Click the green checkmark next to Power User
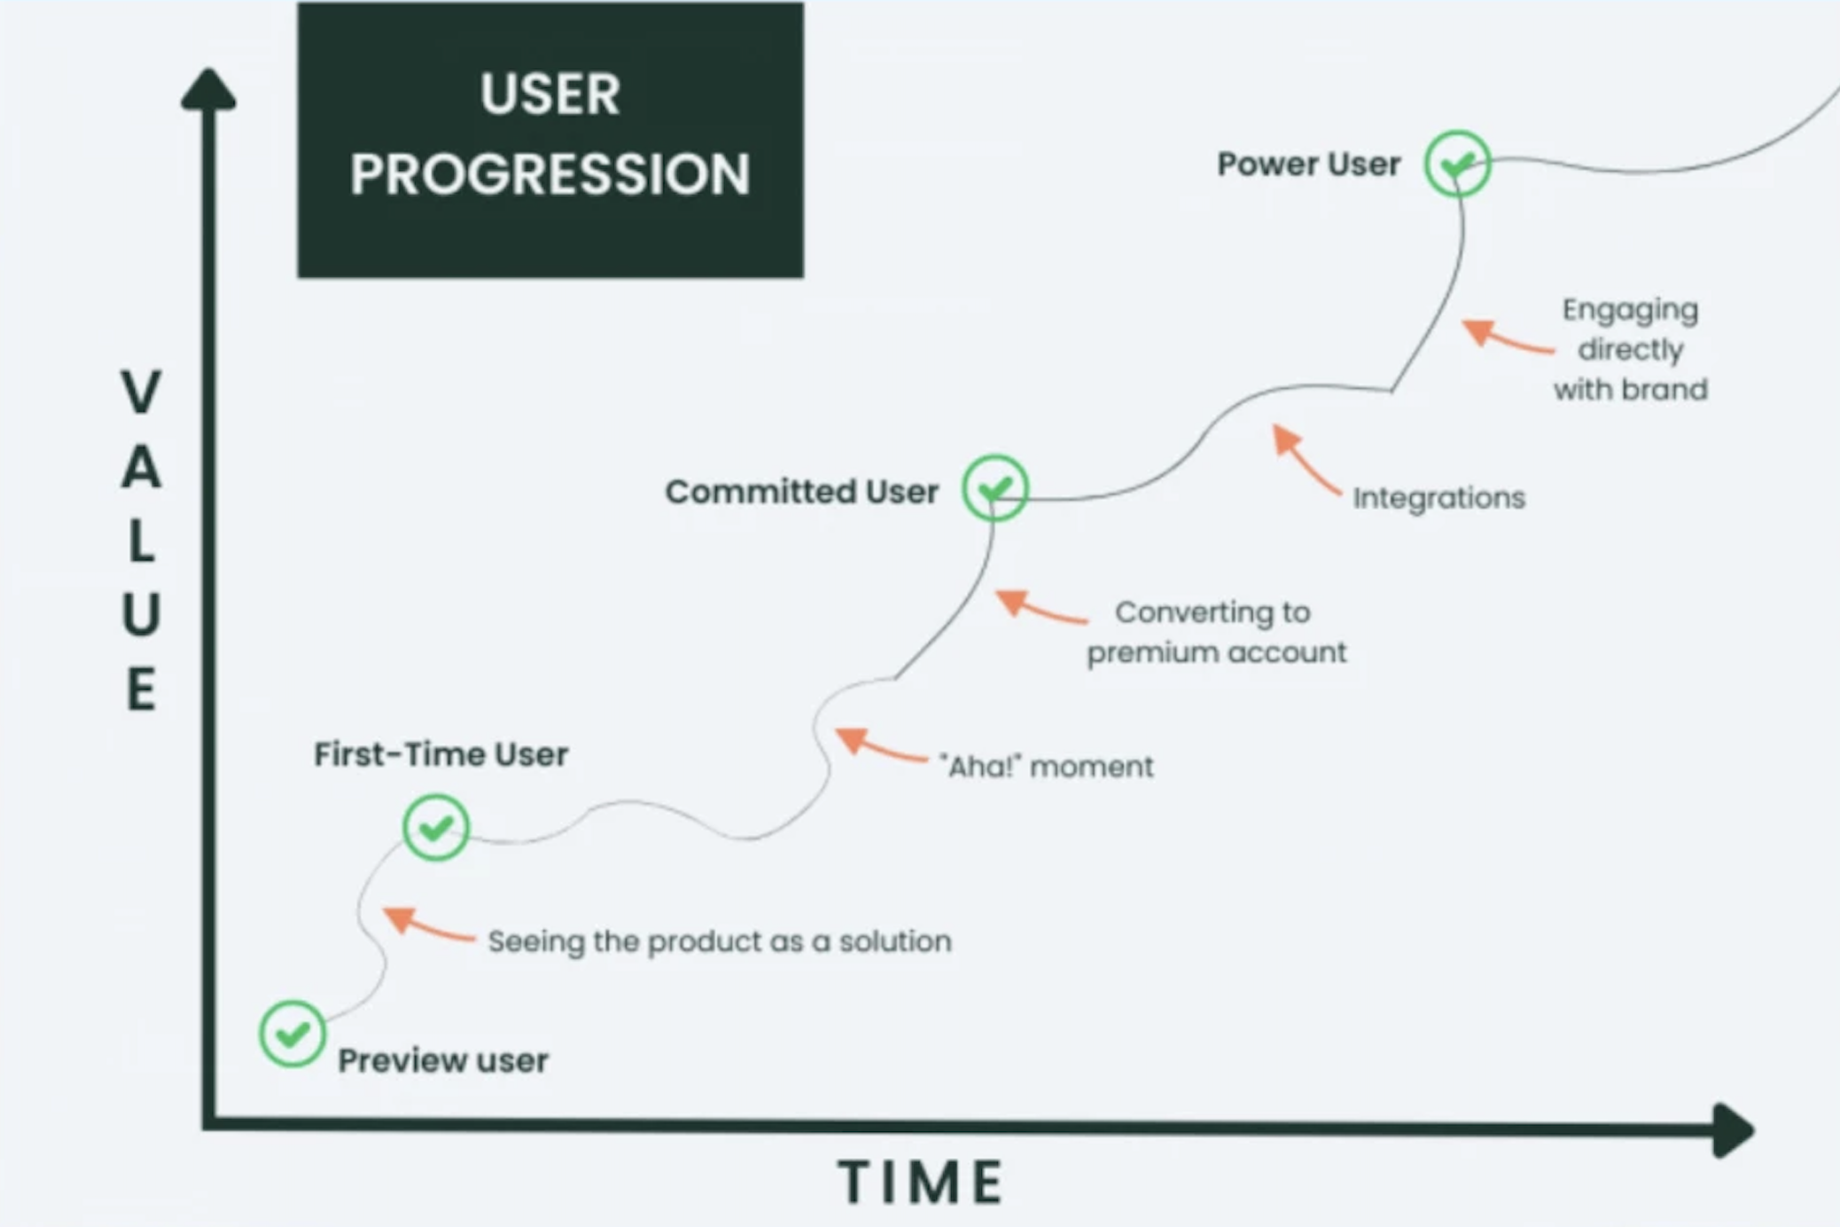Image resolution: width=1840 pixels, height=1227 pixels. tap(1457, 164)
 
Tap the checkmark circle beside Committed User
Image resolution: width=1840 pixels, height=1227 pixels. tap(994, 488)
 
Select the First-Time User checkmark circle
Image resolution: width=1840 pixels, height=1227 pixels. tap(435, 827)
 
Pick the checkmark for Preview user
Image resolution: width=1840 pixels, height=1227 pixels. tap(292, 1034)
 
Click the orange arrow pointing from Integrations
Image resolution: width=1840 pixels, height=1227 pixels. tap(1304, 459)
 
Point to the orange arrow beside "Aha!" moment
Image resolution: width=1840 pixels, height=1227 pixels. tap(877, 746)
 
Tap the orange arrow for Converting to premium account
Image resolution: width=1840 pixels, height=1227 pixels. tap(1037, 608)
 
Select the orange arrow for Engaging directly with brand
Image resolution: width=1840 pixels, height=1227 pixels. tap(1503, 338)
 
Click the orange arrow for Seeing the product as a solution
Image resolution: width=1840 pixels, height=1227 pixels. tap(425, 925)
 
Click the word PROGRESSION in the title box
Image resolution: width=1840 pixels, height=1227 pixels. tap(550, 175)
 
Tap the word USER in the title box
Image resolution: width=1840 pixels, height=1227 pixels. tap(550, 94)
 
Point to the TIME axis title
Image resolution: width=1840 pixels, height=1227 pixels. tap(920, 1182)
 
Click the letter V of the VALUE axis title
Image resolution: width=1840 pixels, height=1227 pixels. tap(141, 393)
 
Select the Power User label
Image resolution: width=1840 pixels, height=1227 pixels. tap(1308, 165)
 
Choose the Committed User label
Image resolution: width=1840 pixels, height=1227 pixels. tap(801, 491)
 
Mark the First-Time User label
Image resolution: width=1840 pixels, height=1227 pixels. tap(441, 754)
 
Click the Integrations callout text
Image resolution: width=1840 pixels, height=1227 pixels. tap(1438, 498)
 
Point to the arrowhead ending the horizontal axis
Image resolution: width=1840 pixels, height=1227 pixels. tap(1732, 1129)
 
